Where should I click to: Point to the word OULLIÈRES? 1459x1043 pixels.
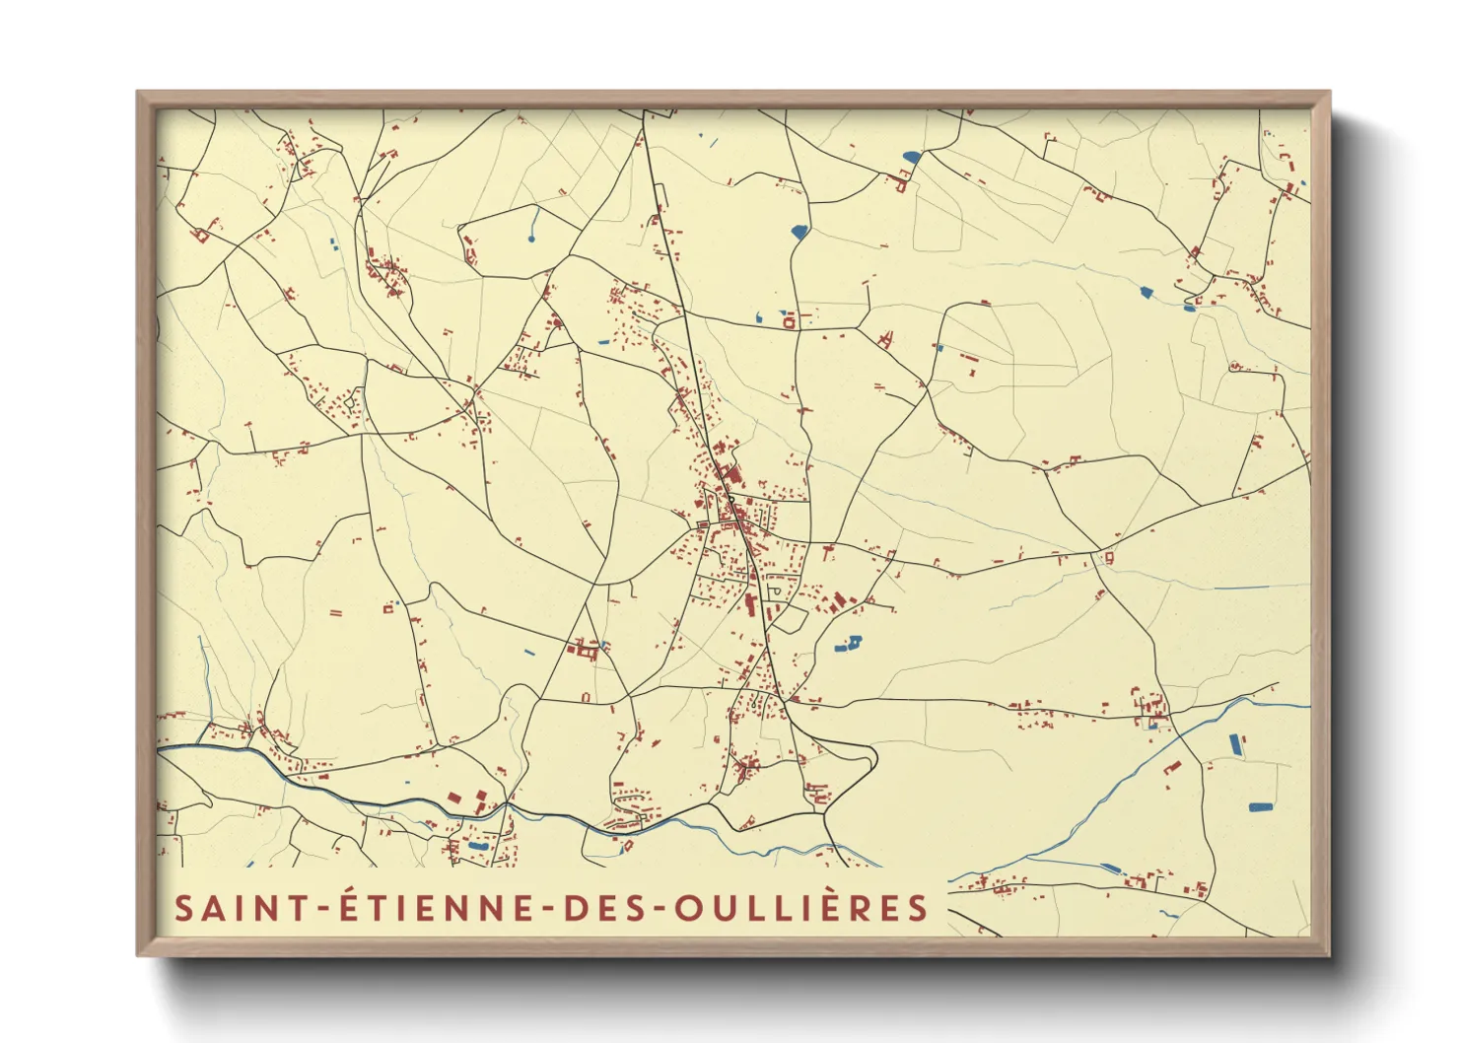click(801, 908)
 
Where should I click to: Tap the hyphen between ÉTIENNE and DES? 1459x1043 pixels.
click(550, 909)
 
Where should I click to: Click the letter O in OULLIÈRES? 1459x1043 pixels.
click(689, 908)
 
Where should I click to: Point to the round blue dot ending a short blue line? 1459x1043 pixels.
click(531, 239)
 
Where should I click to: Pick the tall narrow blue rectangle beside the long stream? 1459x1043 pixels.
click(1235, 745)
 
